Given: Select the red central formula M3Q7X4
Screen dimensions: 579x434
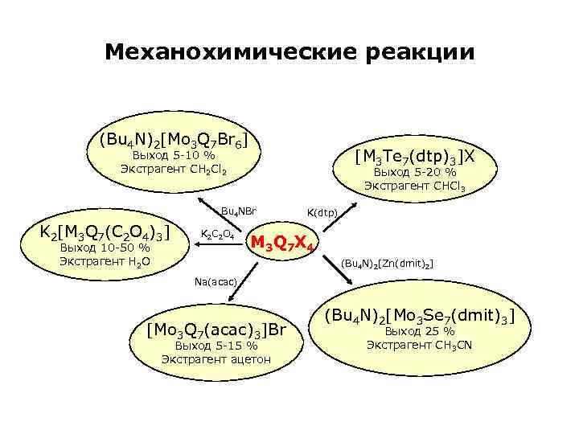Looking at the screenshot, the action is [x=284, y=242].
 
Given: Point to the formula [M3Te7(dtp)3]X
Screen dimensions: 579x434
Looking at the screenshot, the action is [x=415, y=154].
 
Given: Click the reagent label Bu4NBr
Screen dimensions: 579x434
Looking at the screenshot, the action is [x=238, y=211].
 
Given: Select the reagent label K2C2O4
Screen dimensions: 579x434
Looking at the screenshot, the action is [x=216, y=235].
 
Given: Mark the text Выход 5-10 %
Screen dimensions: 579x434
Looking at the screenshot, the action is [x=173, y=154].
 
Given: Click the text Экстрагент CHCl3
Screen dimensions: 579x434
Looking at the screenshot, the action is [x=414, y=186].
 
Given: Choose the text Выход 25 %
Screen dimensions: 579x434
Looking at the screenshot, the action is [x=420, y=330].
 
